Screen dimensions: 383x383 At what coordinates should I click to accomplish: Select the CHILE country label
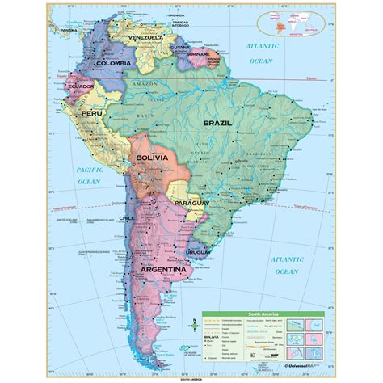pos(126,217)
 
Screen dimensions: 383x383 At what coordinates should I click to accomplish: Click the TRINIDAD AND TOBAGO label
pos(208,19)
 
